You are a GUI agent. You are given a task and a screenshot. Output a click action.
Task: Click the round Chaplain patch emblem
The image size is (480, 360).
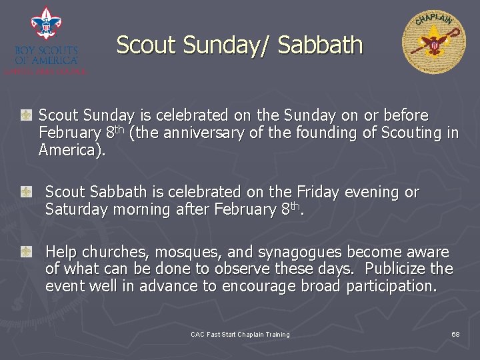click(434, 43)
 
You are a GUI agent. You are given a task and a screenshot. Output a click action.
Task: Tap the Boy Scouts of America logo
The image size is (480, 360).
click(45, 40)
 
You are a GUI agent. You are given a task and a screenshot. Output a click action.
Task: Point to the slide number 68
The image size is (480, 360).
click(455, 334)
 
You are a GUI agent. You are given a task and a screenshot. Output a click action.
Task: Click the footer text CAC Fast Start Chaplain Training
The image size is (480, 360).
click(240, 334)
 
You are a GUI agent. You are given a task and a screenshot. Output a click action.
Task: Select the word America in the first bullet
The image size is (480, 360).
click(71, 150)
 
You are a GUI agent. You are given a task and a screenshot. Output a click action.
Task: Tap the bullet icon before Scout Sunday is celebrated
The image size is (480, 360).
click(26, 116)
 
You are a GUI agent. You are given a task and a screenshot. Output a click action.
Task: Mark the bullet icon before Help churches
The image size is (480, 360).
click(26, 252)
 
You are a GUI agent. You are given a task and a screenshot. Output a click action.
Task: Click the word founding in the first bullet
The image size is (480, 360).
click(325, 133)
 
